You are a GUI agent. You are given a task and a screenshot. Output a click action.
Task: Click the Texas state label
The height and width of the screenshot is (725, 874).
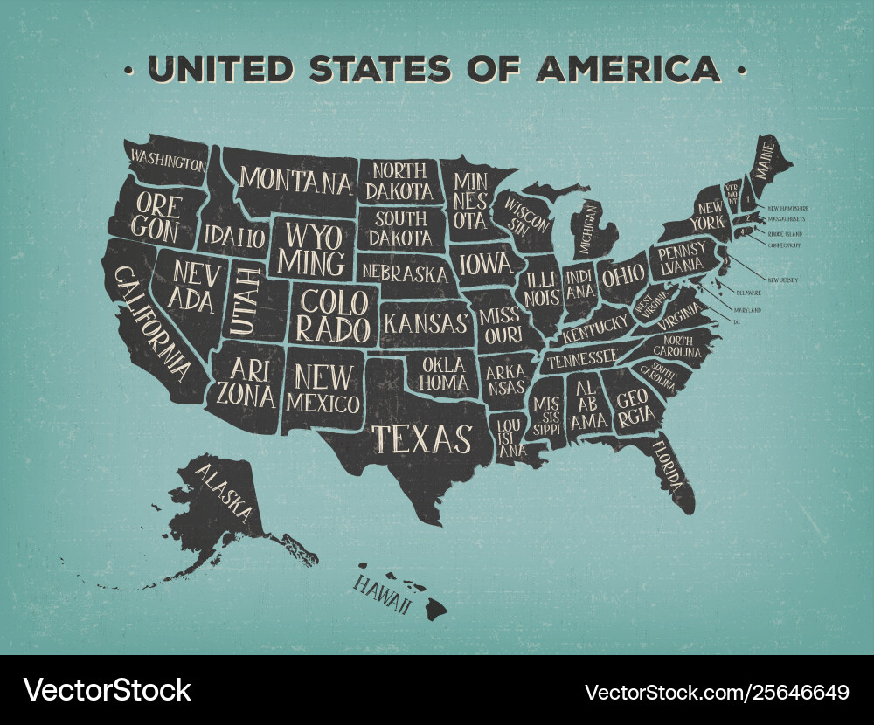coord(423,438)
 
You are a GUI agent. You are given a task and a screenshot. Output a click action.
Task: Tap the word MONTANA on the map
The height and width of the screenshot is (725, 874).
coord(296,181)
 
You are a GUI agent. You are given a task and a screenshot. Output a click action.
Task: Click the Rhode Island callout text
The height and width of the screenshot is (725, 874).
coord(785,234)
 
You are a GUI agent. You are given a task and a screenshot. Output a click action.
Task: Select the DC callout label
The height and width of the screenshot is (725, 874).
coord(737,322)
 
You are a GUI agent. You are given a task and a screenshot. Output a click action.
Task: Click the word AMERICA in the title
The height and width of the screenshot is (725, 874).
coord(628,68)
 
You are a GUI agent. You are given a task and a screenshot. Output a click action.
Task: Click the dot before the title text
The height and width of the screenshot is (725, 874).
coord(128,69)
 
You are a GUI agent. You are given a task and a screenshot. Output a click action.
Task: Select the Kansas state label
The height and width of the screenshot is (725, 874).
coord(426,322)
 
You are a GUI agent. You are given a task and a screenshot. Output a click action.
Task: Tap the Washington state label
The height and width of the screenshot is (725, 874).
coord(169,160)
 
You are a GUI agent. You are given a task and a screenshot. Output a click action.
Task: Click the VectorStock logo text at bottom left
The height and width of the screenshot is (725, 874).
coord(108,690)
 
